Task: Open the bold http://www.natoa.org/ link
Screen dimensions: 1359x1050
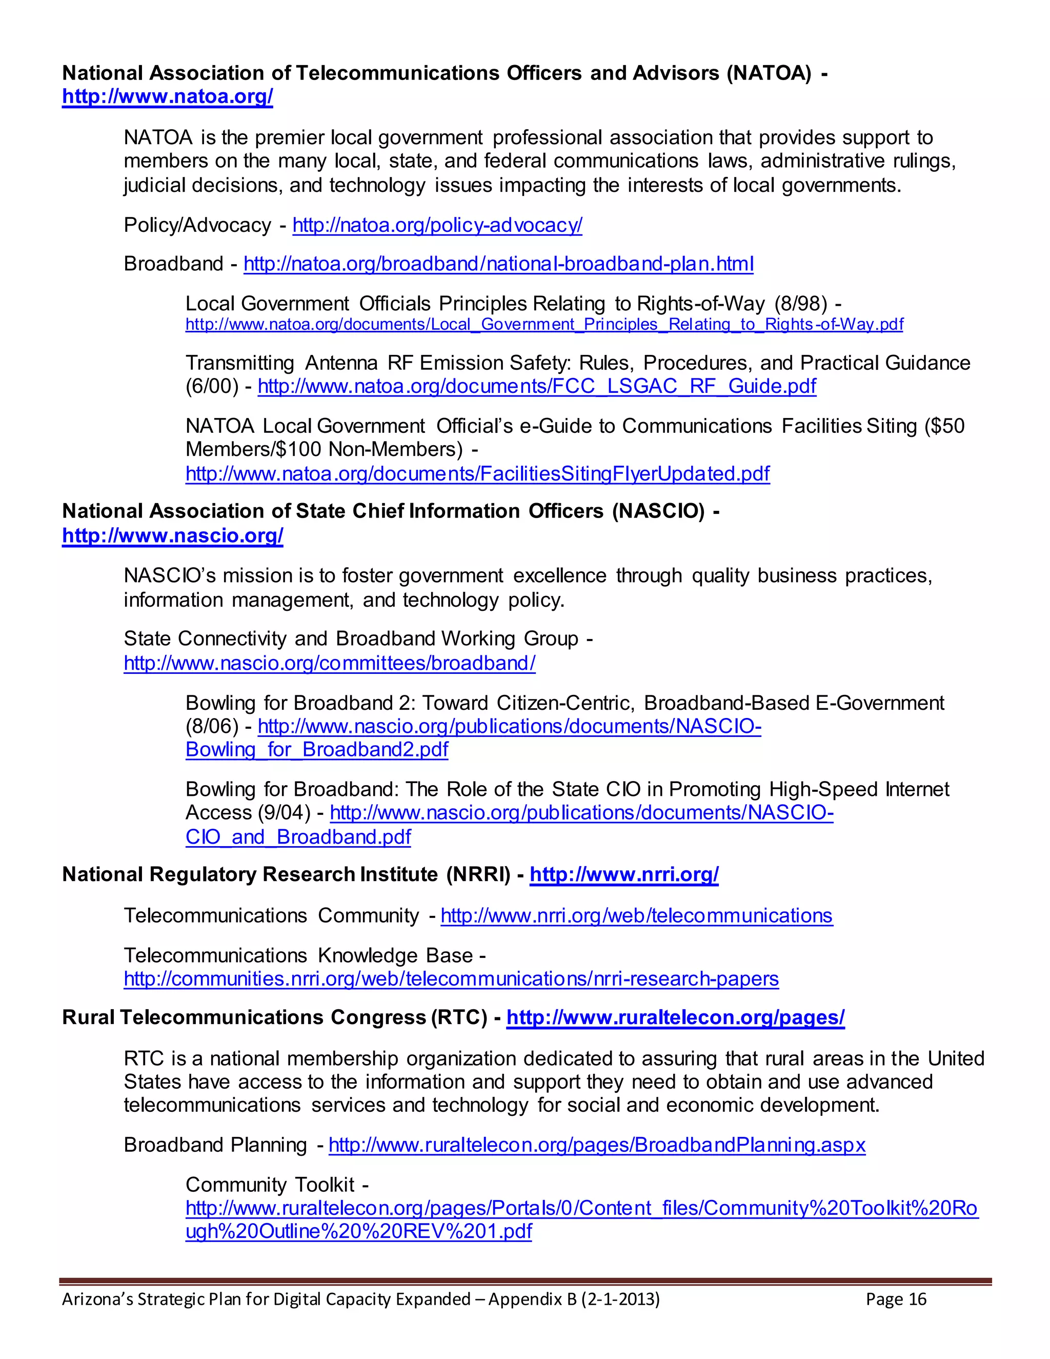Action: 167,97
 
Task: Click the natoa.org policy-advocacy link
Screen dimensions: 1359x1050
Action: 437,225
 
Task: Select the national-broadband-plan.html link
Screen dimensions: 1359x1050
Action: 498,265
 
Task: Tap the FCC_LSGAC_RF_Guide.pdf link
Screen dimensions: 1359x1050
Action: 536,387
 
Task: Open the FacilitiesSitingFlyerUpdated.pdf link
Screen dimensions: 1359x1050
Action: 477,474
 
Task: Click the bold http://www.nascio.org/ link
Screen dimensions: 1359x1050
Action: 172,536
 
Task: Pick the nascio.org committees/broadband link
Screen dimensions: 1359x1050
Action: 329,663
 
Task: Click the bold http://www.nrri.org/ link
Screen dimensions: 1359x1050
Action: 624,875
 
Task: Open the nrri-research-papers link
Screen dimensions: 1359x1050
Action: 451,980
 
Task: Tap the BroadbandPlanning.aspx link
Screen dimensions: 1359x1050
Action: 597,1146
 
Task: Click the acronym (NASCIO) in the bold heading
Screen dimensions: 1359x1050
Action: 658,511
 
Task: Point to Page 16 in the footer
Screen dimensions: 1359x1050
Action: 896,1300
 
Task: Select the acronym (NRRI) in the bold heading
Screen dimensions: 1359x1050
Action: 478,875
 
